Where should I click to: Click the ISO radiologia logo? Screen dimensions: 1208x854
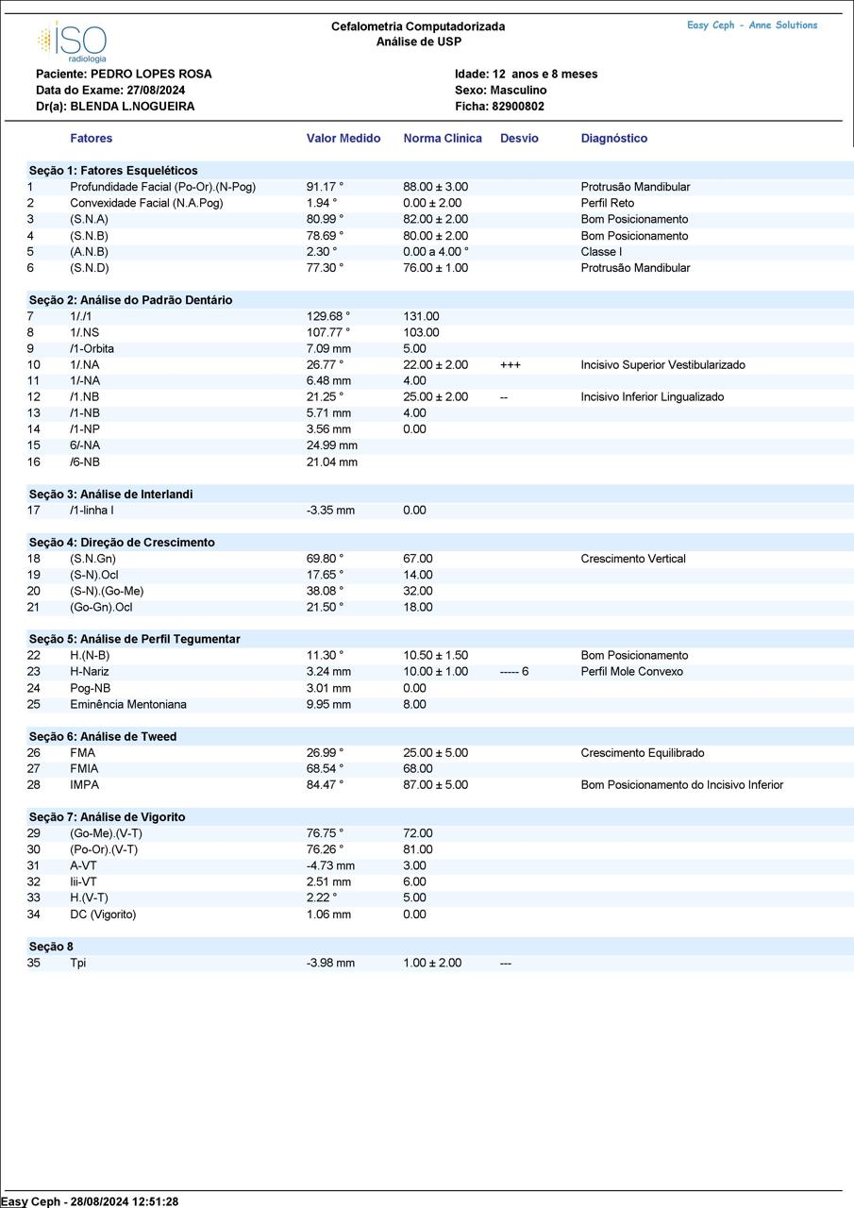tap(73, 42)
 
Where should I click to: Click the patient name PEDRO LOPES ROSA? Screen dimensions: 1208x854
tap(151, 74)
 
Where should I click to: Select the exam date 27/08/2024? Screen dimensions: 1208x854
tap(156, 90)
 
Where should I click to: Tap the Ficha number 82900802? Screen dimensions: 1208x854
tap(518, 107)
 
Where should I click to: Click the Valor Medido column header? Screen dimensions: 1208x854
tap(343, 138)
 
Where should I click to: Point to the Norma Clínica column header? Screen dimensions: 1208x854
tap(443, 138)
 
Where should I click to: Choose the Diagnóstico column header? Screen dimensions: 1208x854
tap(614, 138)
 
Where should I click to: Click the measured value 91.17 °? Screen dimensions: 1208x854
tap(325, 187)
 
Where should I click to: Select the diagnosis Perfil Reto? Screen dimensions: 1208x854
tap(608, 203)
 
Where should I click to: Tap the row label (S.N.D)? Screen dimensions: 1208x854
tap(90, 268)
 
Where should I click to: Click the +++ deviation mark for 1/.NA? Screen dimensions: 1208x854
tap(510, 364)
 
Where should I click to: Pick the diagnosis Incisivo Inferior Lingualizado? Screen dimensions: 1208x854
tap(653, 397)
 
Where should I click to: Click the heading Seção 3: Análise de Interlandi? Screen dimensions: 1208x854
tap(110, 494)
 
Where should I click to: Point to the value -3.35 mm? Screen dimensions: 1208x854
tap(330, 511)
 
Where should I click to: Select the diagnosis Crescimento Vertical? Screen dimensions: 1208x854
tap(633, 559)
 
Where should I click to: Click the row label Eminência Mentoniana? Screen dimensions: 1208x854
tap(128, 704)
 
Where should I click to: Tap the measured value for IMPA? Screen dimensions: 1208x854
tap(325, 785)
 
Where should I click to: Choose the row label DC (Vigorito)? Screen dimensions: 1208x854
tap(103, 914)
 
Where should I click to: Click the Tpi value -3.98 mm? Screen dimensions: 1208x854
tap(330, 963)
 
